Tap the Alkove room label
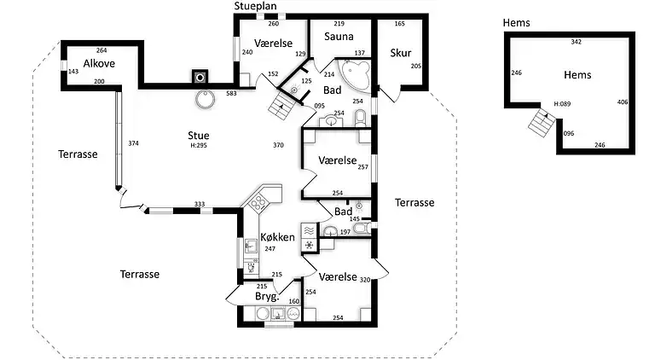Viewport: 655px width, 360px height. (x=99, y=63)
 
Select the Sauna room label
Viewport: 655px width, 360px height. (x=339, y=37)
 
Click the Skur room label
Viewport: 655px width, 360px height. (x=400, y=53)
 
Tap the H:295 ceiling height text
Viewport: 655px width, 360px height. (x=199, y=146)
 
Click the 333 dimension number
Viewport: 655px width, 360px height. (x=199, y=204)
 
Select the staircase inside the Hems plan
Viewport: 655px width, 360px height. (x=540, y=123)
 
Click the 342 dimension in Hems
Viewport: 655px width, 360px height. (x=576, y=42)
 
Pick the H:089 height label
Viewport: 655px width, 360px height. (x=562, y=104)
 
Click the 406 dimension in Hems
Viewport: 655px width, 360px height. (x=622, y=102)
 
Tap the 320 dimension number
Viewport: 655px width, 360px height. (x=364, y=280)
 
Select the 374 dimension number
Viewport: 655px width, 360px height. (x=132, y=143)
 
